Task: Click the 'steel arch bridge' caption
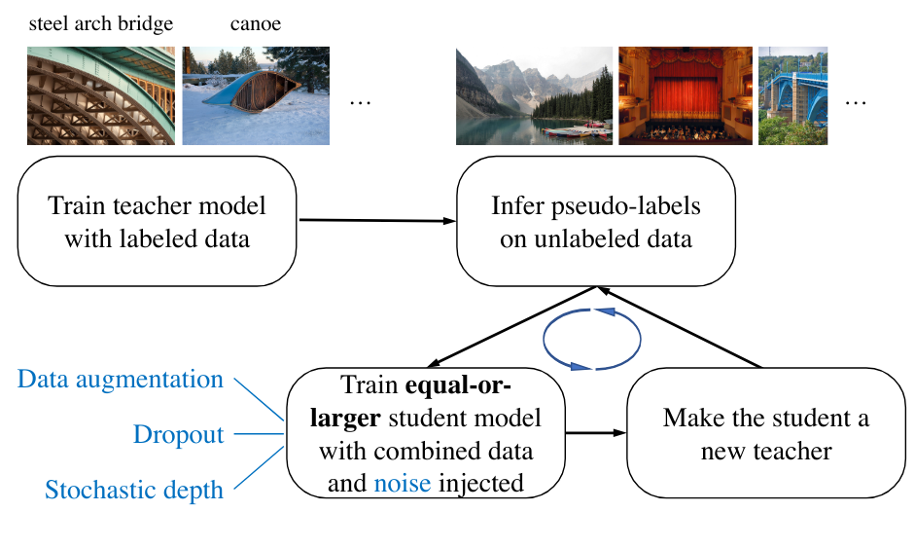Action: click(101, 23)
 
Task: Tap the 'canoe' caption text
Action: click(255, 23)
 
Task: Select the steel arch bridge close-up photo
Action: click(101, 95)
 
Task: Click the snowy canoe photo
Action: click(257, 95)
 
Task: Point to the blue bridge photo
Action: click(792, 95)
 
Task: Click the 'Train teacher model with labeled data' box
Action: click(158, 222)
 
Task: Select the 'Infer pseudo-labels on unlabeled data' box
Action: click(595, 222)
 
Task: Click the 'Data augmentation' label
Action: click(121, 380)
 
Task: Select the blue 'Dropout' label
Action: click(178, 434)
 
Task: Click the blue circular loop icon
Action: click(592, 340)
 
